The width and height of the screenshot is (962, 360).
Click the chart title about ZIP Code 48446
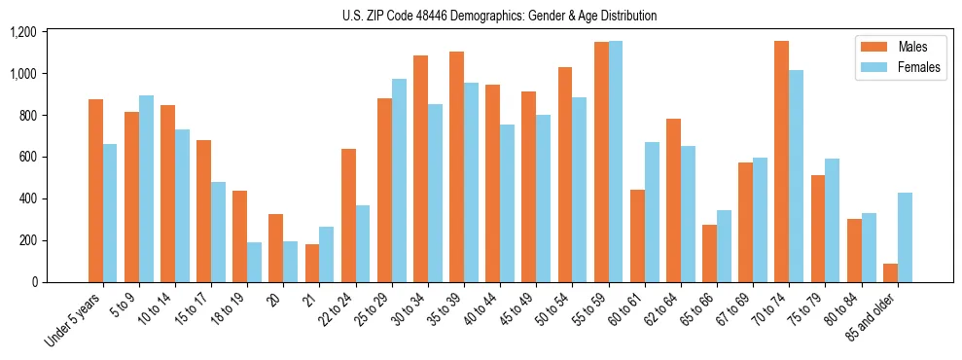tap(499, 16)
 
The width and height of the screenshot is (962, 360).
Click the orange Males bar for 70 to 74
tap(781, 162)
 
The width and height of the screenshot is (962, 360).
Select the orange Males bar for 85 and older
tap(890, 272)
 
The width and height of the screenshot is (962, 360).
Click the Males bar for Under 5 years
tap(95, 191)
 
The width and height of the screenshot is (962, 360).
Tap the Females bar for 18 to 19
tap(254, 263)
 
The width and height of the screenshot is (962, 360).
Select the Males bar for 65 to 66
tap(709, 253)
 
